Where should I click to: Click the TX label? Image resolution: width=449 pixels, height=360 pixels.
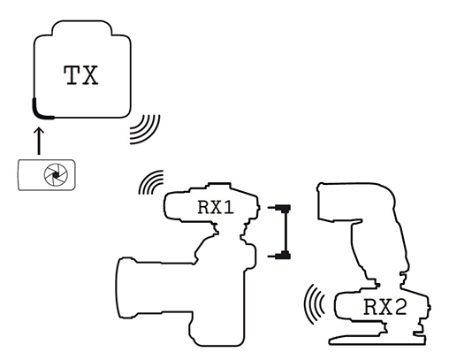(x=81, y=75)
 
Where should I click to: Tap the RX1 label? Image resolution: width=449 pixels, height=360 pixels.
(x=216, y=207)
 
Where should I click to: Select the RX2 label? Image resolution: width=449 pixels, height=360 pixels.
(x=385, y=307)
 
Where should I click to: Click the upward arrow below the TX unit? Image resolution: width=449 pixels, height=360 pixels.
(x=39, y=141)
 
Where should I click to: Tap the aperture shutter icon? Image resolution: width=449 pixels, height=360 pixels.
(x=56, y=175)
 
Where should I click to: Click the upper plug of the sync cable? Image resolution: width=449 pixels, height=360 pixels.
(x=280, y=208)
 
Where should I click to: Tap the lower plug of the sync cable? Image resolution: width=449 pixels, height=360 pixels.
(x=280, y=256)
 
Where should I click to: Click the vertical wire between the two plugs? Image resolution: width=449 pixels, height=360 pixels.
(x=285, y=232)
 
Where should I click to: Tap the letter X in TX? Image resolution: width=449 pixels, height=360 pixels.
(x=90, y=75)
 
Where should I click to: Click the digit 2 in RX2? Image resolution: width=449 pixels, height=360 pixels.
(x=400, y=307)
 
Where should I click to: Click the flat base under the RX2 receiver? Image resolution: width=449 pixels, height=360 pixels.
(x=377, y=340)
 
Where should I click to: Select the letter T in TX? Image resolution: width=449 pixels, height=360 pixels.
(x=72, y=75)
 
